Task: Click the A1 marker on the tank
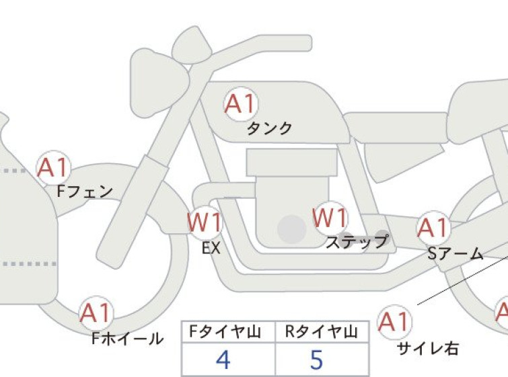242,104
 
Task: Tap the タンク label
269,128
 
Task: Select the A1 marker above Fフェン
53,167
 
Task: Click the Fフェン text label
85,192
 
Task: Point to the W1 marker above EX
205,222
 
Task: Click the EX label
211,248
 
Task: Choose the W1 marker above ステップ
330,218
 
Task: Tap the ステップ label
357,241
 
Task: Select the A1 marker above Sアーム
433,228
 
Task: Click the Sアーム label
456,254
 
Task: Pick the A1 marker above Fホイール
96,313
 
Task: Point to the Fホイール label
127,339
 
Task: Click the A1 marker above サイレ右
394,322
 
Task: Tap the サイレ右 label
428,349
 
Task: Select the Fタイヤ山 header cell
228,331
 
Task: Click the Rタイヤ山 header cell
322,331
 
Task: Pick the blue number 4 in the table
223,360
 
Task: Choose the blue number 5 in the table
317,360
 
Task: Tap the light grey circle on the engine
292,229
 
